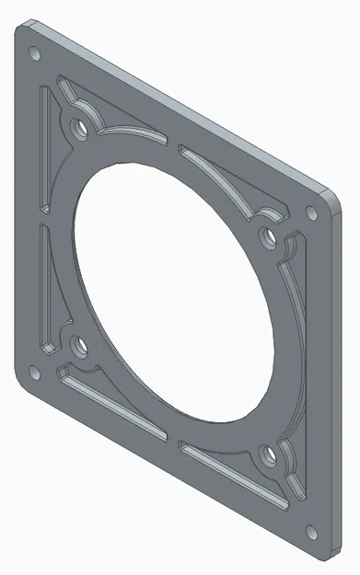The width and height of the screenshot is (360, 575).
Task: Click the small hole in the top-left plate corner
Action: point(34,52)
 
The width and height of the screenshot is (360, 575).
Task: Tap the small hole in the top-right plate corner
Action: point(311,213)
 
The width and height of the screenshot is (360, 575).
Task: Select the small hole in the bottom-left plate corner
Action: point(34,373)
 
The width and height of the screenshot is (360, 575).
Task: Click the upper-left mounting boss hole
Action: point(80,123)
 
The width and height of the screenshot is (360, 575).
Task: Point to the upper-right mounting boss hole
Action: point(269,237)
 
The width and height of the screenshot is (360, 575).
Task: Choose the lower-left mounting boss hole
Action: point(78,347)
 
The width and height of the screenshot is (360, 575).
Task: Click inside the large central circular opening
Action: point(175,285)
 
